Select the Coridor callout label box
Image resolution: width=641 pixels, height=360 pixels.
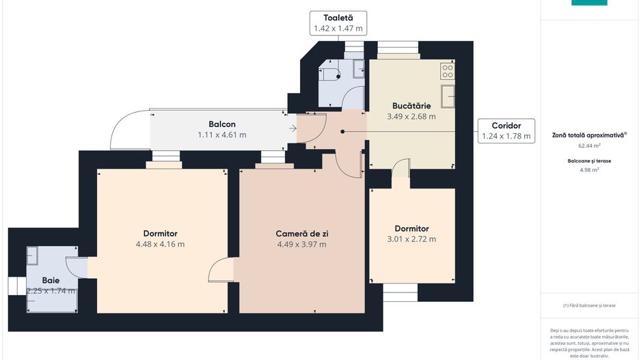tap(506, 130)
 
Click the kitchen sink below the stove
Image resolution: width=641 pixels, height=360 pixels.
tap(448, 95)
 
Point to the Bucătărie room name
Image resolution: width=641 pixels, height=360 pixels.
tap(411, 106)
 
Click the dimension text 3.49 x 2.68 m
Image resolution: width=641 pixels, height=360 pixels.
tap(411, 117)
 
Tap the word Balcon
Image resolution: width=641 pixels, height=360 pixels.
tap(222, 124)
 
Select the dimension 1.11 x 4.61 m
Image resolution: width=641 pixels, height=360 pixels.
tap(222, 135)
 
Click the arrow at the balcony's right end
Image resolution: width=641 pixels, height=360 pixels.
tap(293, 128)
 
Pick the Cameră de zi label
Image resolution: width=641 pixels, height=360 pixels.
tap(301, 234)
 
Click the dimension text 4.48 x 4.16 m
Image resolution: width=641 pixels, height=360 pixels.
tap(160, 244)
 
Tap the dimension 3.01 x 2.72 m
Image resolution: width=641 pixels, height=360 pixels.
tap(411, 239)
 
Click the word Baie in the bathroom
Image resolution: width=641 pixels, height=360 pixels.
tap(51, 280)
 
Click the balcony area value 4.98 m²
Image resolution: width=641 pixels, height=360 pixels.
tap(589, 170)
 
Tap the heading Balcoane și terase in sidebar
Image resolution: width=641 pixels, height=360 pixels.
tap(589, 161)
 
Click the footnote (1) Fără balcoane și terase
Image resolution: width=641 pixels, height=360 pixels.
tap(589, 305)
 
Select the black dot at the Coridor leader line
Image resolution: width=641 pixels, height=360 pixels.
tap(343, 131)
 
